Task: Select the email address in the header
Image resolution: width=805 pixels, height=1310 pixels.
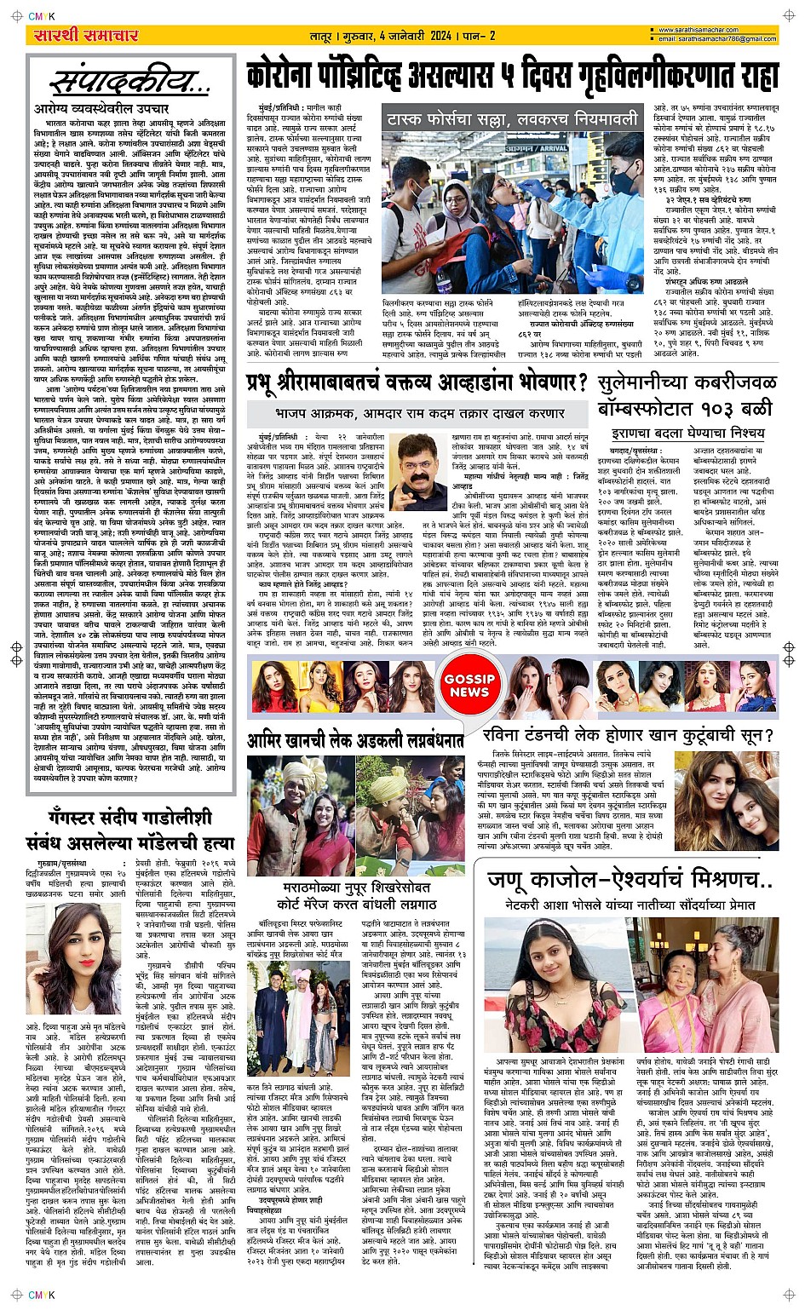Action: pos(718,39)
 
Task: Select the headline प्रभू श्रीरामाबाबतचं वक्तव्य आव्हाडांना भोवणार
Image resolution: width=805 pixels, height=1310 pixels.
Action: pos(417,382)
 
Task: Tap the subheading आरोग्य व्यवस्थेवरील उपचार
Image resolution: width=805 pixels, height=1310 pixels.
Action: pos(101,110)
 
